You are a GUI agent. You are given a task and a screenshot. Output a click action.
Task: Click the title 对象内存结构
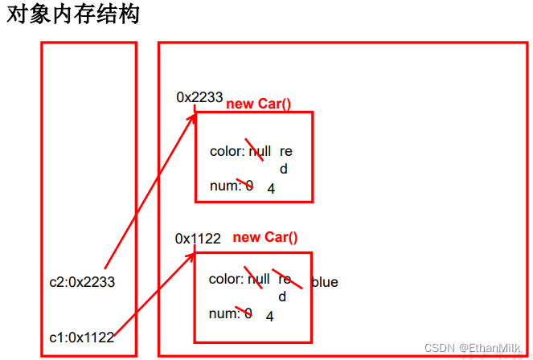point(73,15)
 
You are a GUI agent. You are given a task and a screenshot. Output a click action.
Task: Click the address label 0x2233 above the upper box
point(199,97)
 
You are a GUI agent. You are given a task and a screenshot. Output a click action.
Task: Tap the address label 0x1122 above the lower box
point(198,239)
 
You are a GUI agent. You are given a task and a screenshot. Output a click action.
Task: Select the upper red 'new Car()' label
point(258,104)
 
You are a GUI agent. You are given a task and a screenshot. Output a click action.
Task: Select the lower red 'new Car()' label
point(264,237)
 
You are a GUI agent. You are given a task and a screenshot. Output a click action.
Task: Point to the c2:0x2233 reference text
point(82,282)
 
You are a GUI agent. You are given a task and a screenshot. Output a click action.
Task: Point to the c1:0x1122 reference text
point(81,337)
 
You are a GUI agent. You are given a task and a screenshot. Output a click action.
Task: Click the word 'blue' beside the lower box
point(324,282)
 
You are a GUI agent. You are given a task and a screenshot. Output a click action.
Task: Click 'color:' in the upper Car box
point(226,151)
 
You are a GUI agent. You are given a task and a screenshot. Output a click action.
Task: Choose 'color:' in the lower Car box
point(225,279)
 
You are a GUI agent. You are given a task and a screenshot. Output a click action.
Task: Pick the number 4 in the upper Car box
point(271,190)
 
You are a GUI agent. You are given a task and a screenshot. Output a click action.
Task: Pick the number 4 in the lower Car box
point(270,317)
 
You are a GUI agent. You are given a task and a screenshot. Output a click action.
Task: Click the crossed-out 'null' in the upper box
point(259,151)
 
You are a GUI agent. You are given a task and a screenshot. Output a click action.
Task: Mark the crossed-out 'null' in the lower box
point(258,279)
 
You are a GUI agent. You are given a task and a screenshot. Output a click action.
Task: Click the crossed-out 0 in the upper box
point(248,186)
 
